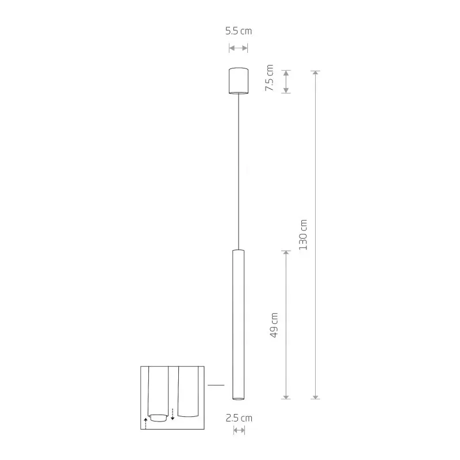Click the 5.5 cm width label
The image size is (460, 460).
[x=239, y=32]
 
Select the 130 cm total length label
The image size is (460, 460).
[x=304, y=235]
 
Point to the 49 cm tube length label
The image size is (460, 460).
[x=274, y=325]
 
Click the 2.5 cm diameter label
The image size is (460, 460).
[x=239, y=418]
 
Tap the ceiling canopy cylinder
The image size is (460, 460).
[x=238, y=80]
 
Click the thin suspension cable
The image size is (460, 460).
[x=238, y=172]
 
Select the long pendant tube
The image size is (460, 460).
[x=238, y=322]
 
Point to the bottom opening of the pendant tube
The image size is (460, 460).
[x=238, y=397]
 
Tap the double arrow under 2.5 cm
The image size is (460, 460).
[x=239, y=431]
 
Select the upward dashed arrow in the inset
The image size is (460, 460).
[x=146, y=424]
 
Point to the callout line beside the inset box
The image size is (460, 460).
[x=216, y=385]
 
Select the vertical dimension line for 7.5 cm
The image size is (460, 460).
[x=286, y=81]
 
